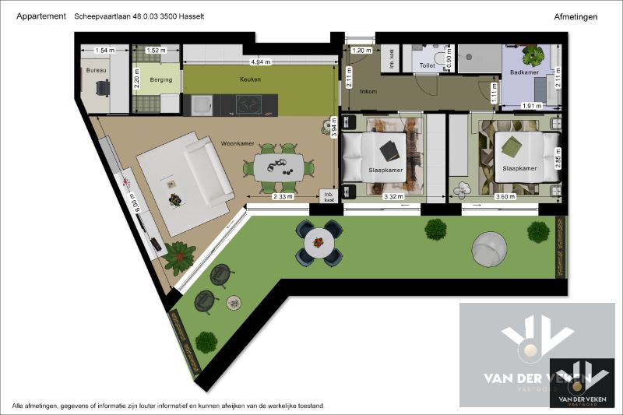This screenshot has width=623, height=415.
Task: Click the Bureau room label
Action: pos(96,70)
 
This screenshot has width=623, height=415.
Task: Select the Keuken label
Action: pos(250,79)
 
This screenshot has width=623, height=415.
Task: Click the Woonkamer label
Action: pos(238,143)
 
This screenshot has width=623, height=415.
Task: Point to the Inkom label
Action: pos(369,91)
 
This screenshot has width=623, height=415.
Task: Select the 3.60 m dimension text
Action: pos(506,196)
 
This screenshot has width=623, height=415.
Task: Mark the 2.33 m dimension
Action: pos(282,196)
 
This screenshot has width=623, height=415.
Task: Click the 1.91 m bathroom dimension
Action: pos(530,106)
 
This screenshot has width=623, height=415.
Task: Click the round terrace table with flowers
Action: pos(319,243)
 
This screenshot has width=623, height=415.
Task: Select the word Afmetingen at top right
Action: pos(575,16)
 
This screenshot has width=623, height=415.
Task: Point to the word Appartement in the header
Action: pos(40,16)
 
